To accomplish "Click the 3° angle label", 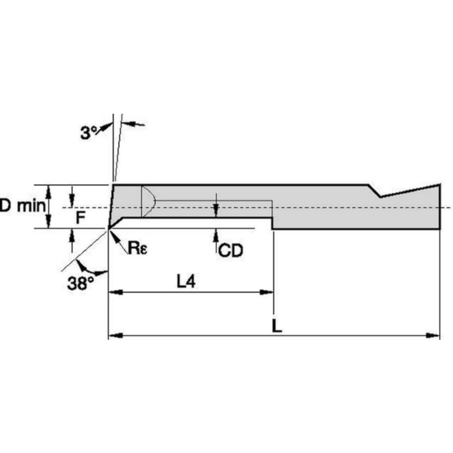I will (x=89, y=133).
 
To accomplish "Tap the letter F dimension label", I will (x=80, y=219).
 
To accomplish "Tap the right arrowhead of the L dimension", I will (x=434, y=336).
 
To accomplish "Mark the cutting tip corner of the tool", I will (x=108, y=228).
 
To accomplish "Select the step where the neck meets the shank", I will (x=272, y=223).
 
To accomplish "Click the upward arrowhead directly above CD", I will (x=217, y=233).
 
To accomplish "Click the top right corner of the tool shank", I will (x=440, y=184).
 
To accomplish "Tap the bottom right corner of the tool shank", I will (x=440, y=229).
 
